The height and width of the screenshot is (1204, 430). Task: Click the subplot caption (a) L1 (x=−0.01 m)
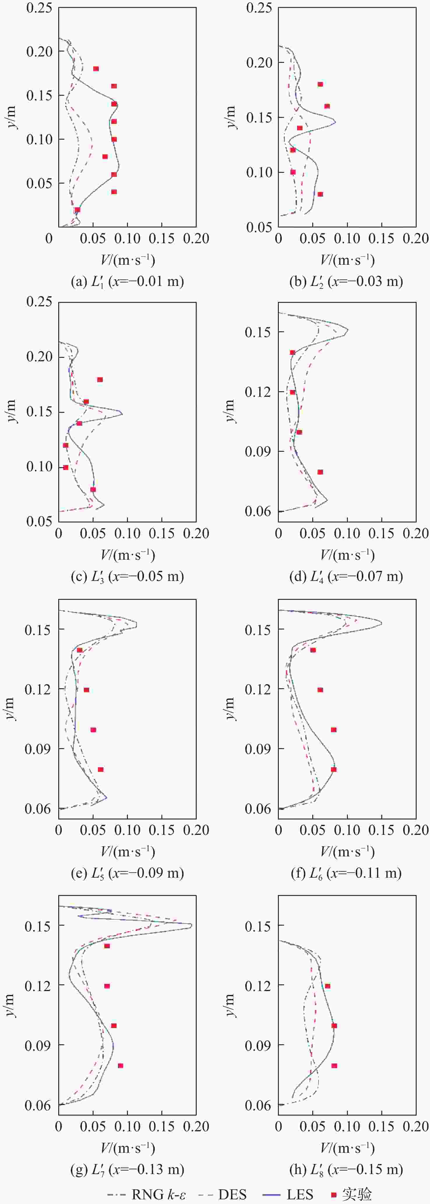[x=127, y=281]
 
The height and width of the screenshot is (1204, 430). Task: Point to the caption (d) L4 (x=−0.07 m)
[x=346, y=576]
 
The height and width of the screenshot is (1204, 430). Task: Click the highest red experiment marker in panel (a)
[x=96, y=69]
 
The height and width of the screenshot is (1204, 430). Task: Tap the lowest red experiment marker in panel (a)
[x=77, y=210]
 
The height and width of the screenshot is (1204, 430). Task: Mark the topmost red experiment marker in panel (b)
[x=320, y=84]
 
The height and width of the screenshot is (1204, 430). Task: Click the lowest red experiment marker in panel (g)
[x=120, y=1066]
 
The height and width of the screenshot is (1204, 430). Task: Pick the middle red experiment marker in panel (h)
[x=334, y=1025]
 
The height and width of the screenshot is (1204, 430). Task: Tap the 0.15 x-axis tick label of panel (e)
[x=162, y=830]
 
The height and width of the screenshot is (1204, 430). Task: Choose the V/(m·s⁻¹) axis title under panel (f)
[x=347, y=852]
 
